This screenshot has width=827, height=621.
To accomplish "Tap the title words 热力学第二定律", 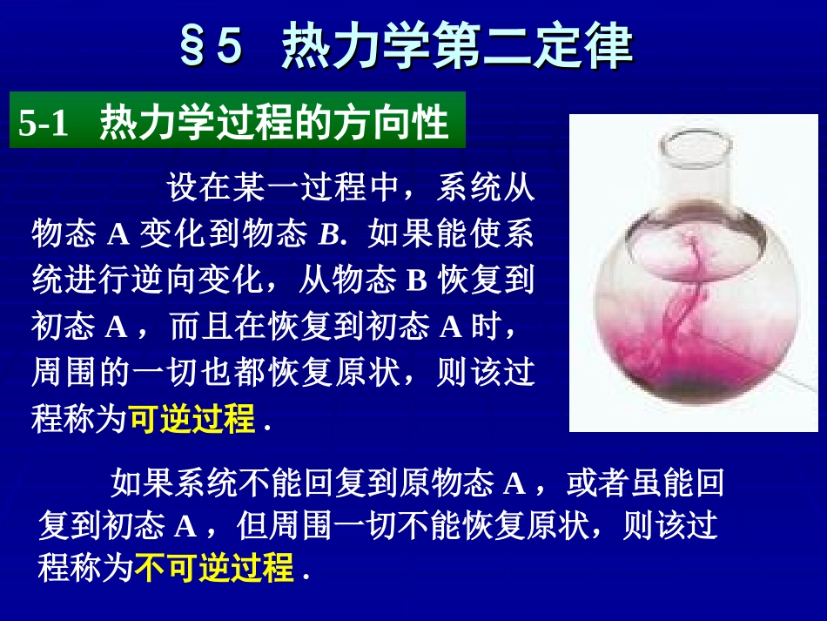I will tap(458, 47).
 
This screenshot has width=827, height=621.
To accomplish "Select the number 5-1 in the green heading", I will tap(44, 124).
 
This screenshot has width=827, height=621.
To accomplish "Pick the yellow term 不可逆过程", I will tap(213, 569).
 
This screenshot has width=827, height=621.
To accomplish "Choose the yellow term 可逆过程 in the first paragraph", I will tap(192, 420).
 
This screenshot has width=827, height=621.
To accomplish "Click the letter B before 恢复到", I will tap(414, 281).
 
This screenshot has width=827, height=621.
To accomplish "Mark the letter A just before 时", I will tap(450, 327).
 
